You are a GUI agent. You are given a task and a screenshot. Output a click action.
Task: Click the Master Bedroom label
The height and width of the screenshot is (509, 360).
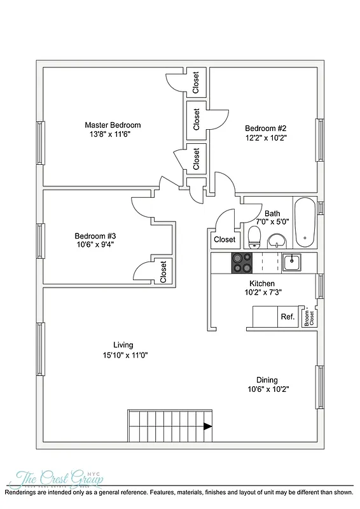click(113, 125)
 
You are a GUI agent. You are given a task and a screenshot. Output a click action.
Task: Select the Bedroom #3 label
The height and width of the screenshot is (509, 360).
click(94, 234)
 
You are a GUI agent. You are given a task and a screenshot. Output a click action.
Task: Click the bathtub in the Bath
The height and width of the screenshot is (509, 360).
click(304, 223)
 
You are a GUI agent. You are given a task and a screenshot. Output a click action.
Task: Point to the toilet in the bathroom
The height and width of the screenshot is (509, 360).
click(254, 237)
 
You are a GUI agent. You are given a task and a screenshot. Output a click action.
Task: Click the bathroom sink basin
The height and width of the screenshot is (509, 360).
click(277, 241)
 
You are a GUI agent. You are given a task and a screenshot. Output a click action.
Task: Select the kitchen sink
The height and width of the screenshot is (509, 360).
click(293, 261)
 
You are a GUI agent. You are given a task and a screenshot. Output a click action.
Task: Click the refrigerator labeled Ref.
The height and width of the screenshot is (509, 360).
click(287, 316)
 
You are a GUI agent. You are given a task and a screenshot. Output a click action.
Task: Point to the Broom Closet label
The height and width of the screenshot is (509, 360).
click(309, 316)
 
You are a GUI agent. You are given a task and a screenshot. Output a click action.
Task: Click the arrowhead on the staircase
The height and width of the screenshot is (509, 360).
click(207, 426)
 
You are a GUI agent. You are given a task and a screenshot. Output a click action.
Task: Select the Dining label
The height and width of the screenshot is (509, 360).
click(267, 380)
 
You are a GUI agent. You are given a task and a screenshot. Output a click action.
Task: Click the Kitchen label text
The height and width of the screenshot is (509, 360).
click(244, 284)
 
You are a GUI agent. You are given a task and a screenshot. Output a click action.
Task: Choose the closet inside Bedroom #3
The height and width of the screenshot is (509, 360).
click(163, 272)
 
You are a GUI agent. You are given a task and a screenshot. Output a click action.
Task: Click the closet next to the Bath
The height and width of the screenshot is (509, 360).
click(225, 240)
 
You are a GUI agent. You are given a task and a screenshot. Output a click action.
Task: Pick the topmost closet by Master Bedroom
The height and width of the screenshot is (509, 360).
click(196, 83)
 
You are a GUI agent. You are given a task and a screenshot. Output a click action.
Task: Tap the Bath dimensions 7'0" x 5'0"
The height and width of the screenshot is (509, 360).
click(272, 222)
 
